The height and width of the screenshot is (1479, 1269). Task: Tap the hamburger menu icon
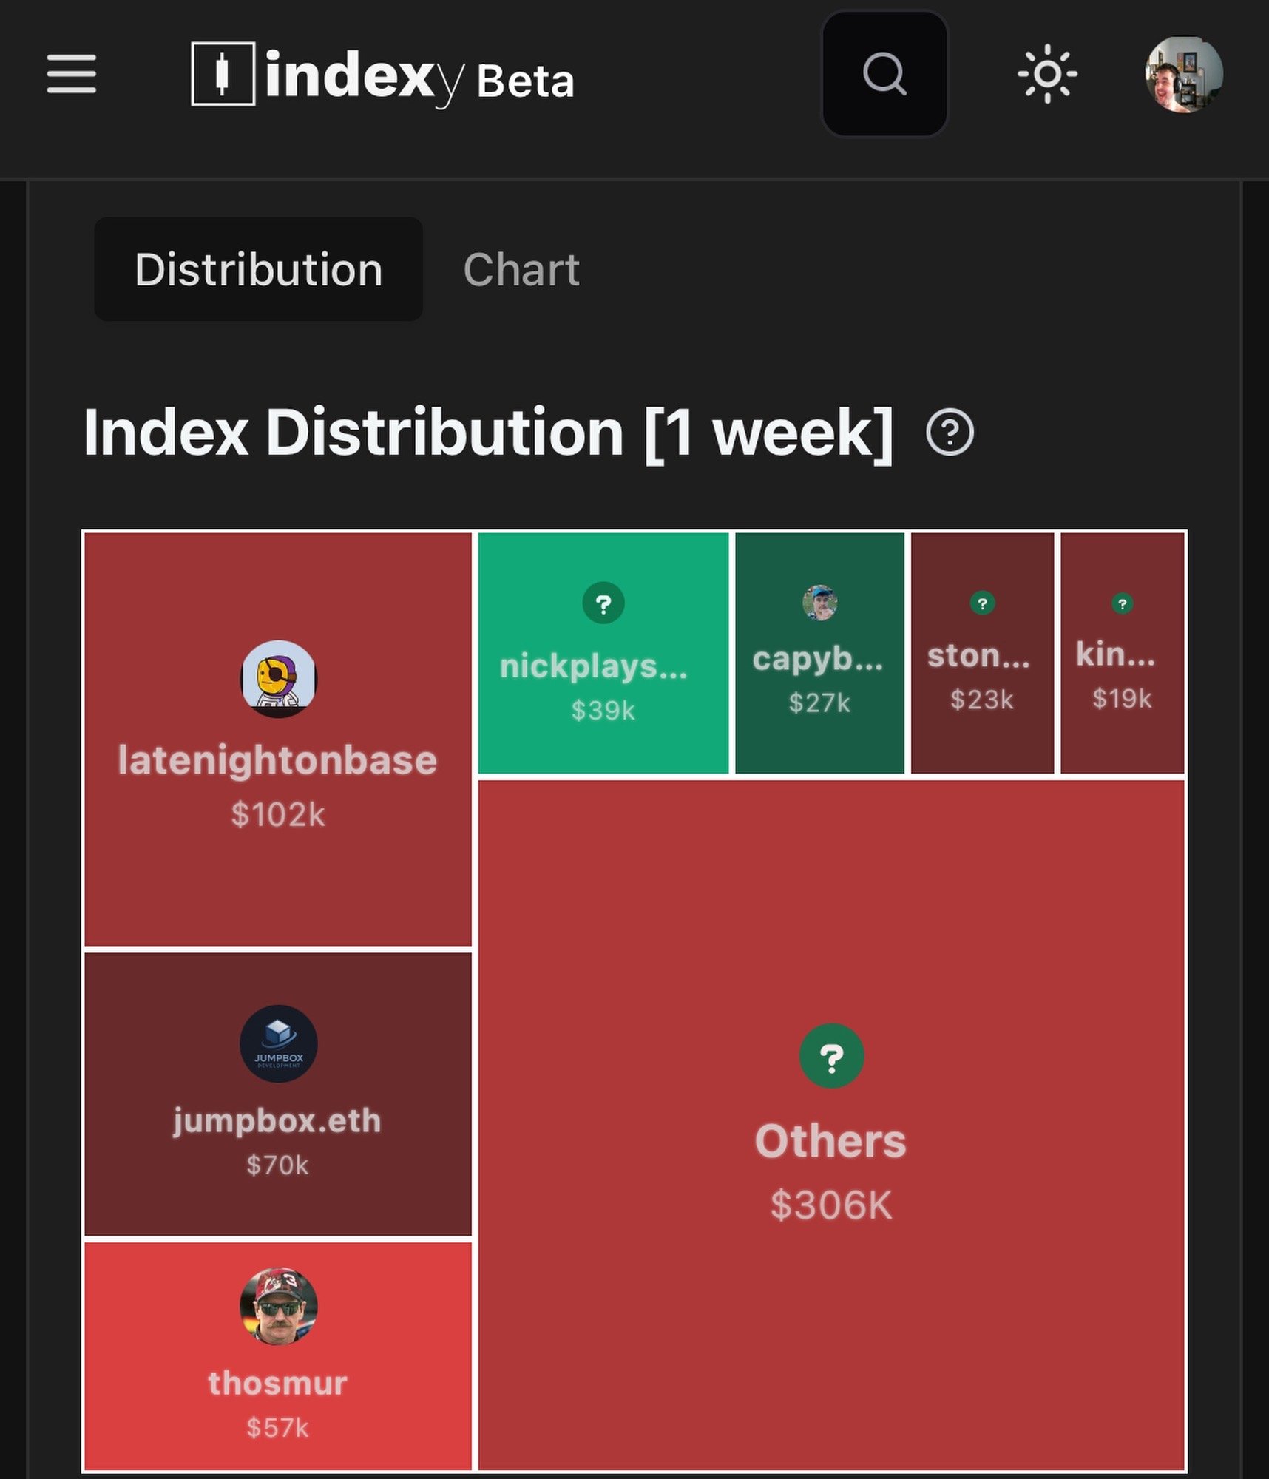click(x=72, y=74)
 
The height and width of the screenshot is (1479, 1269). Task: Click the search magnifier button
click(x=884, y=74)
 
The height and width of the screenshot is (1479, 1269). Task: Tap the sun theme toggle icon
click(x=1047, y=74)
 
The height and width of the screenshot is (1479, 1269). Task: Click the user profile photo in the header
click(x=1183, y=75)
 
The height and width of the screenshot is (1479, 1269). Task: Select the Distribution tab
click(x=258, y=269)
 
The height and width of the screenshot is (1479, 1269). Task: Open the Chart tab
click(x=521, y=269)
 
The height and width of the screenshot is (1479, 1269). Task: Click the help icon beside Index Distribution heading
click(x=950, y=432)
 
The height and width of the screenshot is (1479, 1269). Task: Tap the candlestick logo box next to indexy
click(x=223, y=74)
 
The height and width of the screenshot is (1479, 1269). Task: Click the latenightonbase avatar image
click(x=278, y=679)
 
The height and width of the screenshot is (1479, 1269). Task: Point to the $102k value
click(x=278, y=815)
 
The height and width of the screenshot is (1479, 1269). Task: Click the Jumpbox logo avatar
click(x=278, y=1043)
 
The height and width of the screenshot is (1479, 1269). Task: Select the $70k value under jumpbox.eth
click(x=278, y=1165)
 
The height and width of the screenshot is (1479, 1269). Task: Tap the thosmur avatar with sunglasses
click(x=278, y=1307)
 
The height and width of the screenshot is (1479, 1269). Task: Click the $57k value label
click(x=278, y=1427)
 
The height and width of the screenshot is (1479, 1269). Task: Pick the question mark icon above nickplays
click(x=603, y=603)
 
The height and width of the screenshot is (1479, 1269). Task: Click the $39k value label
click(x=603, y=711)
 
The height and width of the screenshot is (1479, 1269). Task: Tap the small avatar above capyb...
click(x=819, y=603)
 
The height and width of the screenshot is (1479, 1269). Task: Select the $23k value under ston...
click(x=982, y=700)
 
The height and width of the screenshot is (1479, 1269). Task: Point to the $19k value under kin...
click(x=1122, y=698)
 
